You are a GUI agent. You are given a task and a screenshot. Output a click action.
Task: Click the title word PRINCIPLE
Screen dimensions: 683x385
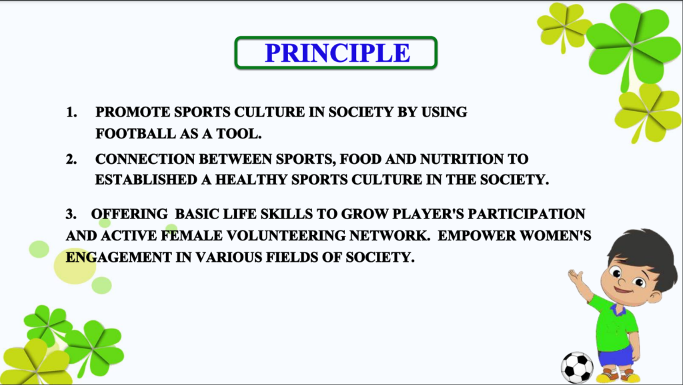pyautogui.click(x=337, y=53)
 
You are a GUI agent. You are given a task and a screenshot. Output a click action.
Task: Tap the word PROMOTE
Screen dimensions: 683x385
pyautogui.click(x=133, y=113)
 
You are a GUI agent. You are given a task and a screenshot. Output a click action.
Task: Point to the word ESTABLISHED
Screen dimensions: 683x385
pyautogui.click(x=146, y=180)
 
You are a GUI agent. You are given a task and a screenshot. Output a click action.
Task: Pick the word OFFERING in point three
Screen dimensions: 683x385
pyautogui.click(x=129, y=214)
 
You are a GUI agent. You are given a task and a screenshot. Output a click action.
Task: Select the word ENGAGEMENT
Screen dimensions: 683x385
pyautogui.click(x=119, y=258)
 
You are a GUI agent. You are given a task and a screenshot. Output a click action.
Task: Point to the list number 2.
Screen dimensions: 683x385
pyautogui.click(x=71, y=159)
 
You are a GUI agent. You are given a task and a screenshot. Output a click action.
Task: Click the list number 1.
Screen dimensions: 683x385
pyautogui.click(x=71, y=113)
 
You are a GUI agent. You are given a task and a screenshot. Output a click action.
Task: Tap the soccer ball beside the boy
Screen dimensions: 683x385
pyautogui.click(x=577, y=368)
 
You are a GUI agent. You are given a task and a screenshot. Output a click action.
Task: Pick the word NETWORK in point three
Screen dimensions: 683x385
pyautogui.click(x=390, y=236)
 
